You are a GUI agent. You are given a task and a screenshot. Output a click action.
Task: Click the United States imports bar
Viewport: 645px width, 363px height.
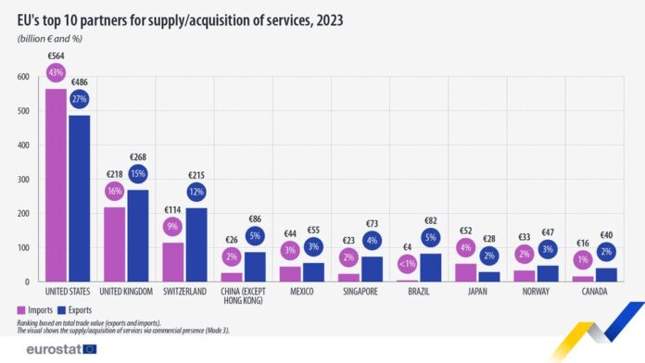56,185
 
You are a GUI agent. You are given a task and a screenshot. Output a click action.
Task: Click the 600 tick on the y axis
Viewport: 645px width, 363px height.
24,77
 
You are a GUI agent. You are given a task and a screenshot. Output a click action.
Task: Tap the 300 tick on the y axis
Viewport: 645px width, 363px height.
24,180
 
